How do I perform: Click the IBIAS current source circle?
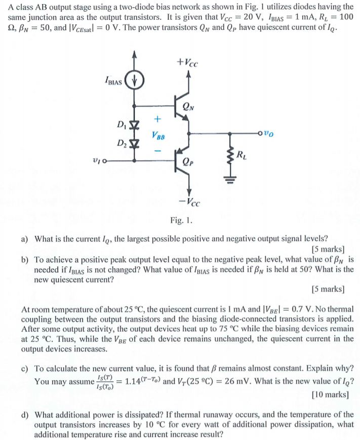click(135, 81)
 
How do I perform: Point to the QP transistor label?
click(189, 163)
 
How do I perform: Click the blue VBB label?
click(157, 136)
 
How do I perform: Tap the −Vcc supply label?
click(189, 203)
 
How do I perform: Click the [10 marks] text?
click(330, 393)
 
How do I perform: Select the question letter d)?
click(25, 415)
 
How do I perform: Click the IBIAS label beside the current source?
click(113, 81)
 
